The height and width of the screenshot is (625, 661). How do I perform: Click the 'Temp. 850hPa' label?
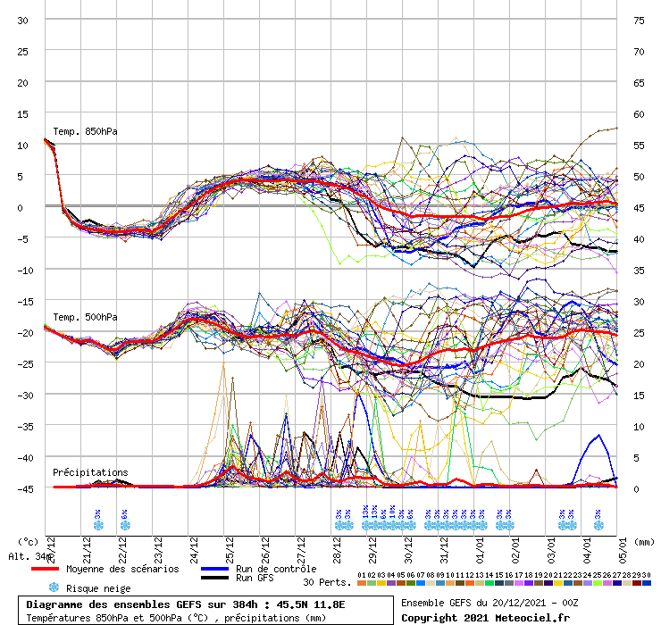coord(85,132)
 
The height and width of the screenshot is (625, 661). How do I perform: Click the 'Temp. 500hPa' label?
coord(85,317)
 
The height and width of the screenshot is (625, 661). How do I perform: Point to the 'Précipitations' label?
coord(89,472)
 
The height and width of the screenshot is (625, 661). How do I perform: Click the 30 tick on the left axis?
coord(24,20)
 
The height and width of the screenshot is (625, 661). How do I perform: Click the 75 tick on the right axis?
coord(639,20)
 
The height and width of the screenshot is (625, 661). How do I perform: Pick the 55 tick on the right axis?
coord(639,145)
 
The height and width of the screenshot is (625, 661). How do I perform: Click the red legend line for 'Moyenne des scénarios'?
coord(57,569)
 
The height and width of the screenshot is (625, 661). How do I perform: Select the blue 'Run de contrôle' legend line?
coord(214,569)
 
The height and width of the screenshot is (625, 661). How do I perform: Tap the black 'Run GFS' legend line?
coord(214,579)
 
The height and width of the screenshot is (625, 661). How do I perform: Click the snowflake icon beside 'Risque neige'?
coord(54,587)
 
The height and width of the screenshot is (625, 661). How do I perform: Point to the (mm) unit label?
coord(645,541)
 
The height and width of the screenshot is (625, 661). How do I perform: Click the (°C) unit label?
coord(27,541)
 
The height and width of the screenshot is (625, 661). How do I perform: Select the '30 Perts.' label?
coord(327,582)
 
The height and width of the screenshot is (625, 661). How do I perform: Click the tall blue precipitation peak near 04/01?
coord(598,436)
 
